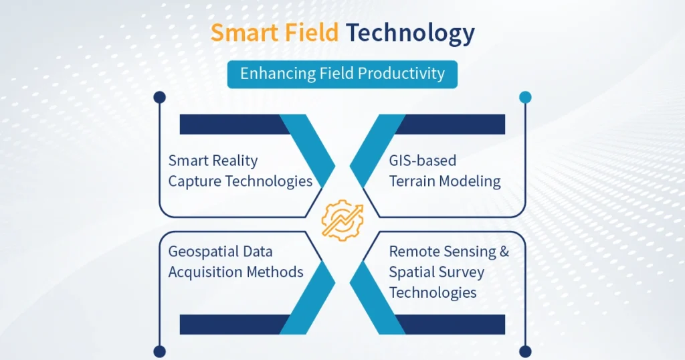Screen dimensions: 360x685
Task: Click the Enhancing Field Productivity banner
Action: pyautogui.click(x=342, y=74)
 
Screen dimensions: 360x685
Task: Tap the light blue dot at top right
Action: pyautogui.click(x=525, y=98)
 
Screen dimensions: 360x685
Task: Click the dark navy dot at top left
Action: pyautogui.click(x=159, y=98)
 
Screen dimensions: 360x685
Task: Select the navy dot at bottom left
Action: pyautogui.click(x=159, y=351)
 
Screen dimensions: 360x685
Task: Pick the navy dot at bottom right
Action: pyautogui.click(x=525, y=351)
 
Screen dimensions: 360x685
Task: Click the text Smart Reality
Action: pyautogui.click(x=213, y=161)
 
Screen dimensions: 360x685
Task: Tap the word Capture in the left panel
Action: pyautogui.click(x=195, y=181)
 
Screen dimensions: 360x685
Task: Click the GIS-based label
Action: pyautogui.click(x=423, y=161)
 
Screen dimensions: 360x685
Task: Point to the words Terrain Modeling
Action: pyautogui.click(x=445, y=181)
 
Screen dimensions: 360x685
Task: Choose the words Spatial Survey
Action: pyautogui.click(x=437, y=272)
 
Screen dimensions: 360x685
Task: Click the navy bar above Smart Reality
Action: pyautogui.click(x=231, y=124)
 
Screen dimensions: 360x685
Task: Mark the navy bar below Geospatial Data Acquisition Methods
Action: pyautogui.click(x=231, y=325)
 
